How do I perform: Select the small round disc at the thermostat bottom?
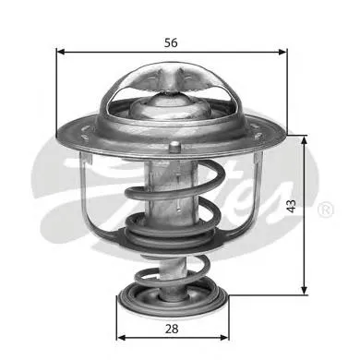[x=173, y=301]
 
